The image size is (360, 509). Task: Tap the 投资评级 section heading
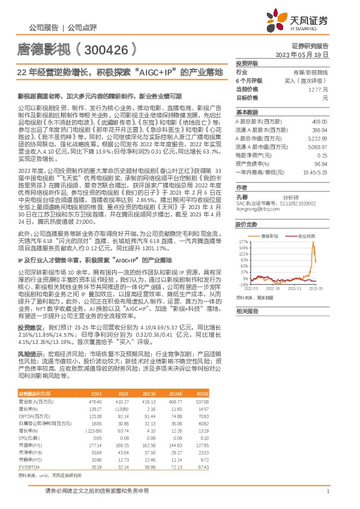(247, 63)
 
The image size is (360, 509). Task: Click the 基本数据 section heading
(247, 112)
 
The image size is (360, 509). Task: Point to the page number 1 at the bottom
(327, 492)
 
